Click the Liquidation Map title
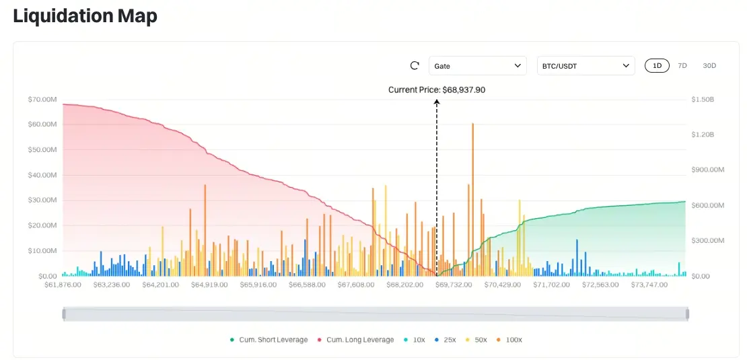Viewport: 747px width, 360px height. coord(85,16)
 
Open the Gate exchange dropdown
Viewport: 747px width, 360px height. coord(478,66)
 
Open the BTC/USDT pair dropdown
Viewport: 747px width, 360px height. coord(585,66)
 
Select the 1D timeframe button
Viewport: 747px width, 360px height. coord(657,66)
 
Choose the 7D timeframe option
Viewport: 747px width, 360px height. coord(682,66)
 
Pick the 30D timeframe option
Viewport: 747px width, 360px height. coord(709,66)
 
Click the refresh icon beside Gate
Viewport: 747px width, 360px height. coord(415,66)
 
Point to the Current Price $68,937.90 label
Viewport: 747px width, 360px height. coord(437,89)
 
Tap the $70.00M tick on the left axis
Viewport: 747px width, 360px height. coord(42,100)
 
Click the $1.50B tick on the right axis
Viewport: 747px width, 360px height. coord(703,100)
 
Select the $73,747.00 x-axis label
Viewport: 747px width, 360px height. coord(649,285)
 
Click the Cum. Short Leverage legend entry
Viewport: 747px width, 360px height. coord(269,340)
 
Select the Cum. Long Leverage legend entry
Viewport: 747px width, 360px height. coord(355,340)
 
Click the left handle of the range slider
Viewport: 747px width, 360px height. coord(64,314)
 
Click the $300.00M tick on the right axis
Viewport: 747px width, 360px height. coord(707,241)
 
